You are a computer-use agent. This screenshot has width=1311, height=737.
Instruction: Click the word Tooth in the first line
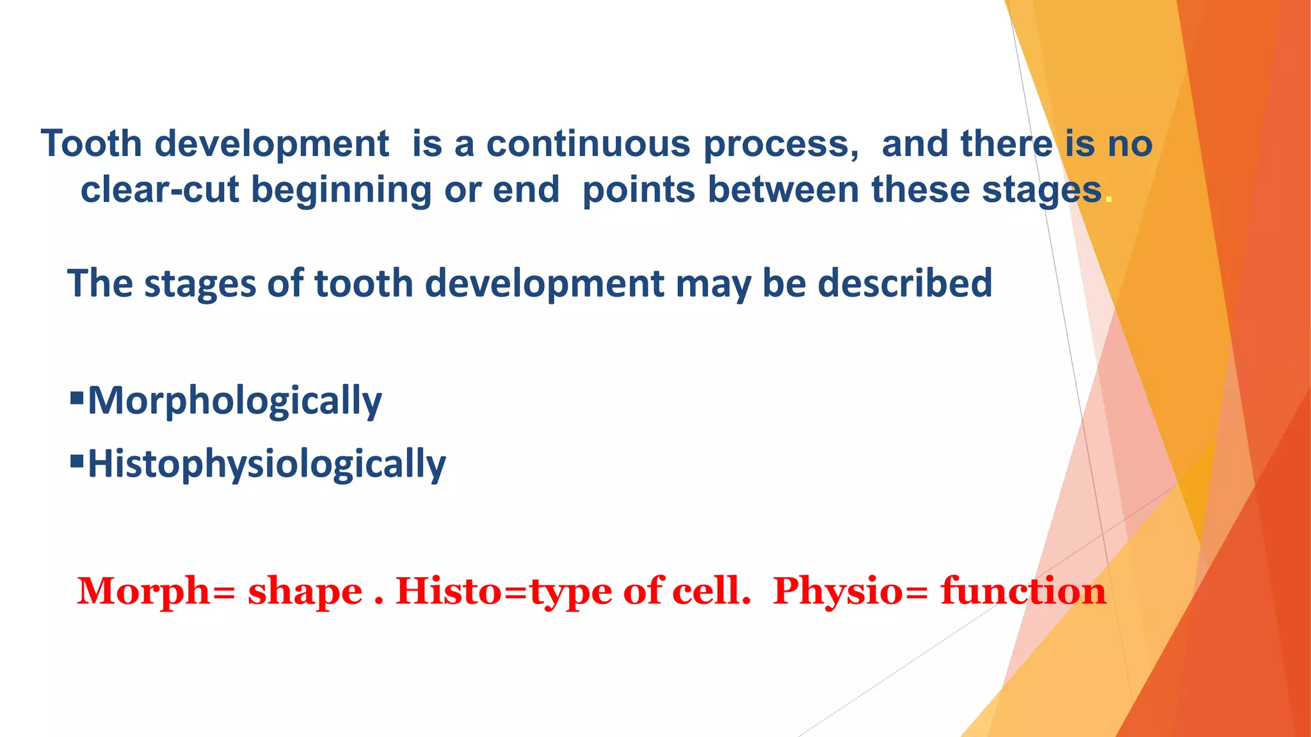(x=91, y=143)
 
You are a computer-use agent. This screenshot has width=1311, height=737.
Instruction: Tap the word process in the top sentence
(x=779, y=145)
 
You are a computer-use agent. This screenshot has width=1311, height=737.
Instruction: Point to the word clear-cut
(x=159, y=190)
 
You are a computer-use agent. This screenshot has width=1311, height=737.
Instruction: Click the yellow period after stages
(x=1109, y=200)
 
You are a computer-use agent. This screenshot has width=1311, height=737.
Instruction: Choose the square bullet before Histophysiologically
(x=77, y=461)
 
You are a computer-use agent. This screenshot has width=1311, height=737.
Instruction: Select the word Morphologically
(x=234, y=402)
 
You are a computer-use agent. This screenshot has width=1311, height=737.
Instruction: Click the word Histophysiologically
(x=266, y=464)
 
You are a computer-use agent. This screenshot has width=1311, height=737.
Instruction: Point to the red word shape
(x=305, y=592)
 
